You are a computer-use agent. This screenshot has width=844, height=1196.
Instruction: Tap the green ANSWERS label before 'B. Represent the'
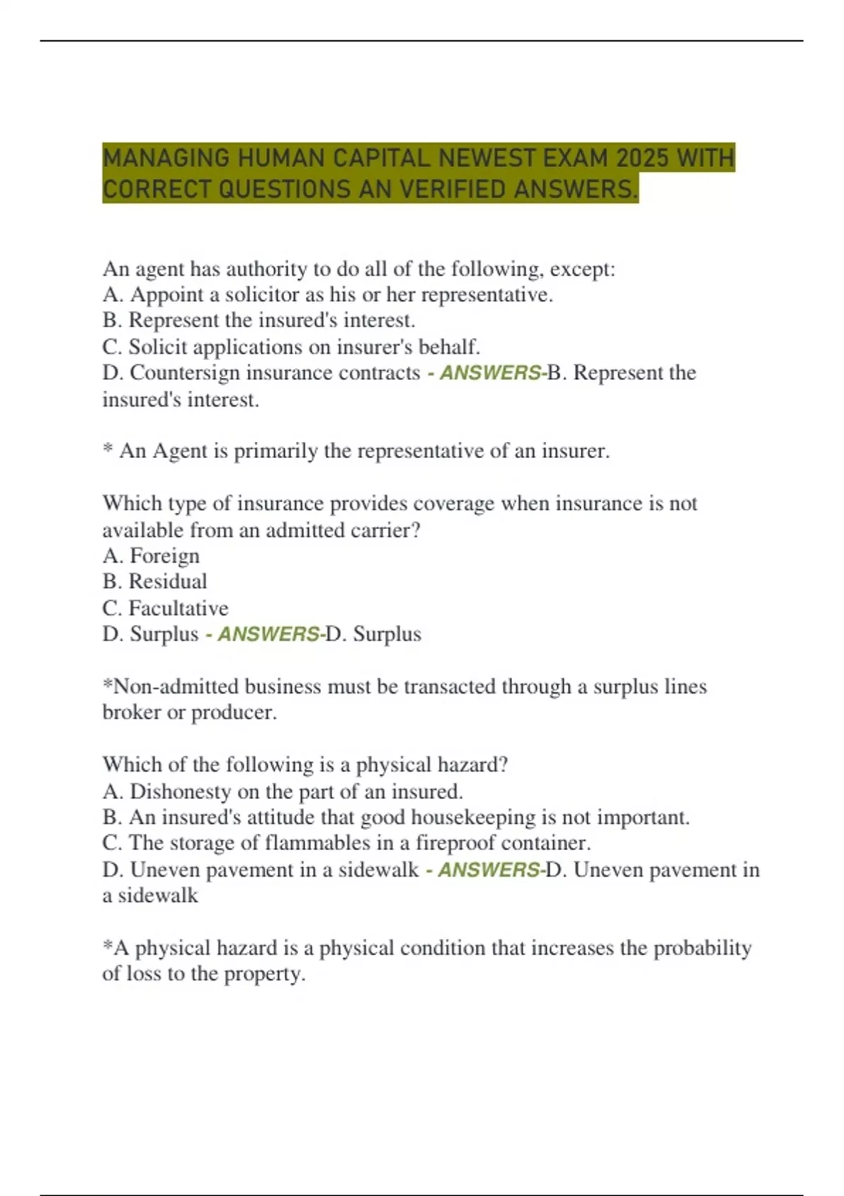tap(490, 373)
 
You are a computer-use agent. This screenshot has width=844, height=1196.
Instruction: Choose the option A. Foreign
tap(151, 556)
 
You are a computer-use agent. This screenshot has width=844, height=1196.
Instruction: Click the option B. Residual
tap(155, 582)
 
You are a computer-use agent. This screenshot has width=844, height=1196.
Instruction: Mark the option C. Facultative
tap(165, 608)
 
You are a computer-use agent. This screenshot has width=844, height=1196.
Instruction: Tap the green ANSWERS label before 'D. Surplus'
tap(268, 634)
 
